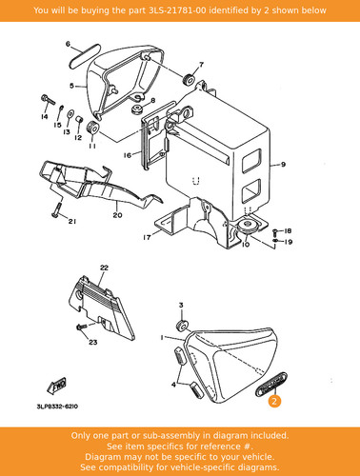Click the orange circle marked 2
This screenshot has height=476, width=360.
[x=274, y=401]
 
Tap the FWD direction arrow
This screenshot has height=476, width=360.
[x=57, y=386]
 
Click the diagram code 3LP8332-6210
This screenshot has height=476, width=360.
[x=57, y=407]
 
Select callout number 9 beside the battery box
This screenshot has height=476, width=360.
[x=283, y=165]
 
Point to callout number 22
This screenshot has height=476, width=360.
[x=104, y=268]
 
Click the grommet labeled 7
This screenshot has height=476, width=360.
[x=190, y=79]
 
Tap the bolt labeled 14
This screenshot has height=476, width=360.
[x=48, y=100]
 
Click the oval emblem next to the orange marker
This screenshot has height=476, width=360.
[x=271, y=385]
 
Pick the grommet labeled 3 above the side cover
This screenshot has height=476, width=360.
[x=182, y=327]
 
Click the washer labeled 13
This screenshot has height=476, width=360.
[x=70, y=114]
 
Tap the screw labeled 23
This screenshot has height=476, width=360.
[x=82, y=327]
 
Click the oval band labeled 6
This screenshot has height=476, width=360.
[x=85, y=56]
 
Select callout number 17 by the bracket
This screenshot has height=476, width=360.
[x=147, y=237]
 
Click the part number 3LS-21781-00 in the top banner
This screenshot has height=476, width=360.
[x=177, y=10]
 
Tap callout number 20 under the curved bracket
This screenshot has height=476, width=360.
[x=117, y=215]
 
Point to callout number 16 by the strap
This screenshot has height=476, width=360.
[x=127, y=155]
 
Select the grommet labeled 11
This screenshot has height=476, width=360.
[x=92, y=128]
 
